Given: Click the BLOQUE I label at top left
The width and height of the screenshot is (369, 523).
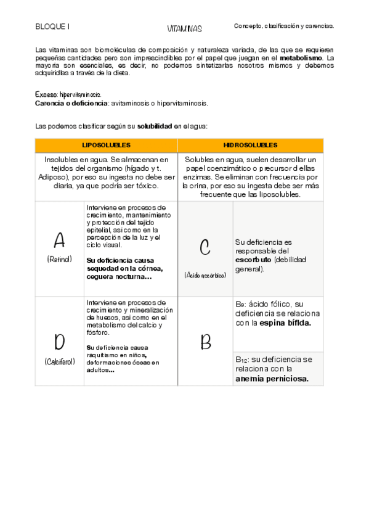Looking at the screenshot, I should pyautogui.click(x=52, y=27).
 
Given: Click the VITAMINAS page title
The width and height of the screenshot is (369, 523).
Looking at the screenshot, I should pyautogui.click(x=184, y=29).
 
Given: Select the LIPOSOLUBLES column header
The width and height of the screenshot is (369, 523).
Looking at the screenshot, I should pyautogui.click(x=107, y=145).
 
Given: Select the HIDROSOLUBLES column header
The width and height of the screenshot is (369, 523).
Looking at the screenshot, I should pyautogui.click(x=250, y=145).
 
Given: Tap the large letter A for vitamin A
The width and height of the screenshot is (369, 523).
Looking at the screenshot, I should pyautogui.click(x=59, y=239).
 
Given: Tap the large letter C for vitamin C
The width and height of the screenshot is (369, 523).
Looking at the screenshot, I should pyautogui.click(x=205, y=247).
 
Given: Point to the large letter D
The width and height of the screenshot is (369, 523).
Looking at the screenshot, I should pyautogui.click(x=59, y=341).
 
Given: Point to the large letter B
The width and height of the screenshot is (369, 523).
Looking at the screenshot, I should pyautogui.click(x=206, y=342).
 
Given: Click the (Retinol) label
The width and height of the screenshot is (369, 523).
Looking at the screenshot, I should pyautogui.click(x=59, y=259).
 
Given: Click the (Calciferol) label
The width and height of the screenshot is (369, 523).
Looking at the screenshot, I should pyautogui.click(x=59, y=361).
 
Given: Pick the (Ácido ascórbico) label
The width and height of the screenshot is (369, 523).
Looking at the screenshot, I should pyautogui.click(x=205, y=275).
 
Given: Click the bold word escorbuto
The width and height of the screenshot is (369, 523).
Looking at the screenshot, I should pyautogui.click(x=253, y=260).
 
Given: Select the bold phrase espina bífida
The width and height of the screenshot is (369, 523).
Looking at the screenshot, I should pyautogui.click(x=285, y=323).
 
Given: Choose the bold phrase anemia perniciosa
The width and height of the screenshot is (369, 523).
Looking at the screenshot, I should pyautogui.click(x=272, y=379).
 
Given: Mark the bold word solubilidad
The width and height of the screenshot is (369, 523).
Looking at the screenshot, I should pyautogui.click(x=154, y=126).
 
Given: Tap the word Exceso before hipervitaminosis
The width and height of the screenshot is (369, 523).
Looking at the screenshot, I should pyautogui.click(x=46, y=95).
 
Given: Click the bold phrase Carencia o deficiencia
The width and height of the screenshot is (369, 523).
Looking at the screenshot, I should pyautogui.click(x=71, y=103).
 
